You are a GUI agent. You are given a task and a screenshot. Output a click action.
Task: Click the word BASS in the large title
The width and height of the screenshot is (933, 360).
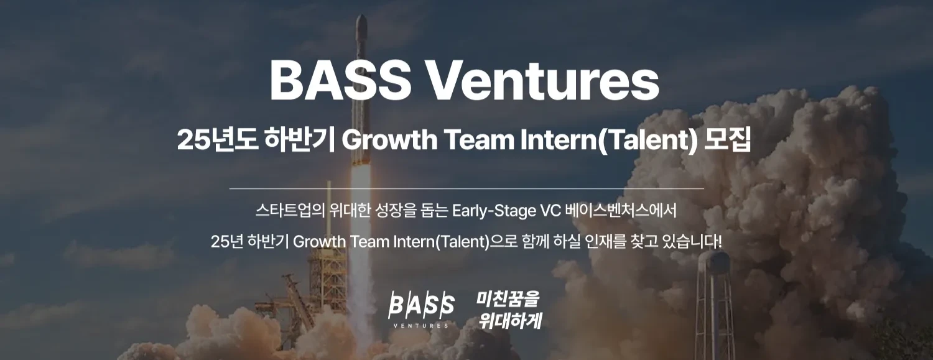(337, 80)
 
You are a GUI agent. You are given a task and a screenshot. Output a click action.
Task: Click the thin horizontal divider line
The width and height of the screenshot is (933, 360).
(466, 188)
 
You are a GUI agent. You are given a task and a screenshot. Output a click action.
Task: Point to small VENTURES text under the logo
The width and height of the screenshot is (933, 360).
(420, 325)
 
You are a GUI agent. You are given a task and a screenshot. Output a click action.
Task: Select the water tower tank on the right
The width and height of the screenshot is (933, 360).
(714, 263)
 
